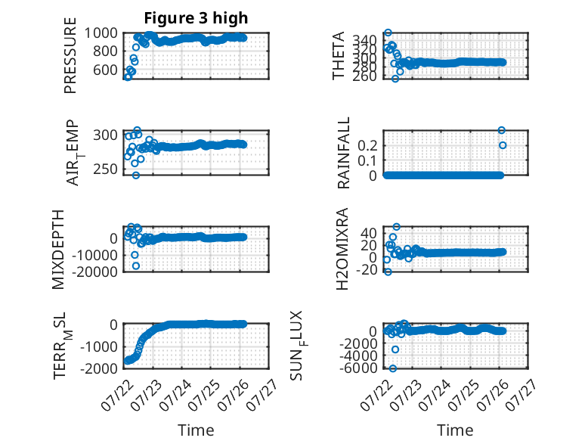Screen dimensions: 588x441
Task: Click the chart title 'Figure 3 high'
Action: point(196,18)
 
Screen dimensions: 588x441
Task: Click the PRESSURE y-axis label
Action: point(70,55)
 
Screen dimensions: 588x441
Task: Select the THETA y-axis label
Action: point(339,55)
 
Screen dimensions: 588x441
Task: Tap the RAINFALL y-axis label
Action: point(343,153)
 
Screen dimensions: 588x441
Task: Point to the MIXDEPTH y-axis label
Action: point(58,250)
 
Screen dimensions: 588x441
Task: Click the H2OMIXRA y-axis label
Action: point(342,249)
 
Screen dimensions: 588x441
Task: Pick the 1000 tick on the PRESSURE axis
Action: point(101,33)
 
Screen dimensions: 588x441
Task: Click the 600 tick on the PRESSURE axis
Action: point(105,70)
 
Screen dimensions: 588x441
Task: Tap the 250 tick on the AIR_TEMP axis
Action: point(105,169)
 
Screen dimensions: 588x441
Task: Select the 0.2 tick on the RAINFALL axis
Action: point(367,145)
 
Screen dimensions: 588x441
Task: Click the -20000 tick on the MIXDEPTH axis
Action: point(97,272)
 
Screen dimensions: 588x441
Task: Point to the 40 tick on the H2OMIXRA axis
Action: point(368,234)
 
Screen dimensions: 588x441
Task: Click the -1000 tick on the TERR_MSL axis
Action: point(99,346)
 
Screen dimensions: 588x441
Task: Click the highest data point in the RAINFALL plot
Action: point(501,130)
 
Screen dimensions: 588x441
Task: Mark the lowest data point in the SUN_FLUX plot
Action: point(392,368)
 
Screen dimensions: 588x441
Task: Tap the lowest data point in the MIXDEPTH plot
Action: point(136,266)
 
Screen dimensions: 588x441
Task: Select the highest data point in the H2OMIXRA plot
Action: point(396,227)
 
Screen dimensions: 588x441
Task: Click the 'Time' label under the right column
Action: point(455,430)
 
